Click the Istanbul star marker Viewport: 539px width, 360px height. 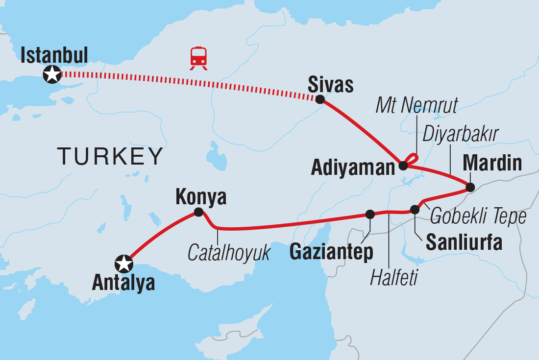(52, 74)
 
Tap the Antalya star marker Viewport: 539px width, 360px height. (123, 264)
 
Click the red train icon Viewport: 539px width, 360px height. (198, 58)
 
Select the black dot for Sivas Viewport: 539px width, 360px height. (320, 99)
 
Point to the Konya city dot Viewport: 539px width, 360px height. (198, 212)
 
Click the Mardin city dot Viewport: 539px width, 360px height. (470, 187)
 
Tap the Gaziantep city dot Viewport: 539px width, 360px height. (370, 214)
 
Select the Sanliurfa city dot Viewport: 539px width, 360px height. (415, 210)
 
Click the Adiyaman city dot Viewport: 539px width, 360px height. (403, 166)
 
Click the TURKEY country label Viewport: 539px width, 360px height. (110, 157)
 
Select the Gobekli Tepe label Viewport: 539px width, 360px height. (478, 216)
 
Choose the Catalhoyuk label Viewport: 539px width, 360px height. (229, 253)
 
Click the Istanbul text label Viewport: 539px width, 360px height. (54, 55)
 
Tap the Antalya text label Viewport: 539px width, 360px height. (123, 283)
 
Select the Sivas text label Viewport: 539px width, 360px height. (330, 85)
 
